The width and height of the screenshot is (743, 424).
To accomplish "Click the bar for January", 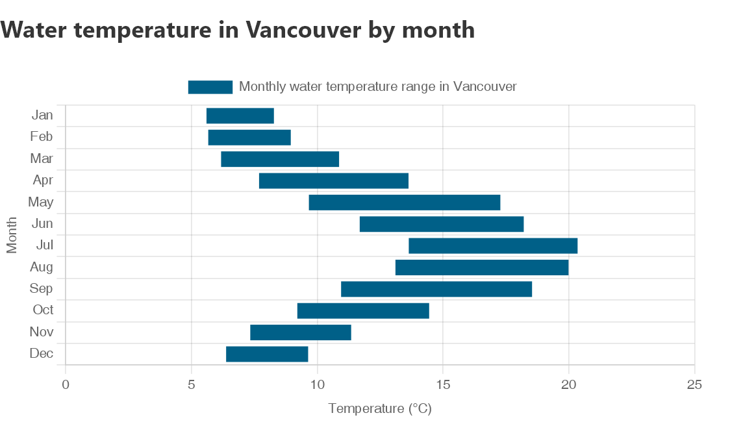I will tap(240, 116).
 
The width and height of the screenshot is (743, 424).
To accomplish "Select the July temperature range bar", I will tap(492, 246).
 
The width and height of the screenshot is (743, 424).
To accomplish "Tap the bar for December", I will tap(266, 354).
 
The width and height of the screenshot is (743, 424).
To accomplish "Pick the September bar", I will tap(436, 289).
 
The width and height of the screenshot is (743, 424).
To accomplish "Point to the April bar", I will tap(333, 181).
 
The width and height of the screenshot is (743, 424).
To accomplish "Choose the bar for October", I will tap(362, 311).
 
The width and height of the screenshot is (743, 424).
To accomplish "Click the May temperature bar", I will tap(404, 203).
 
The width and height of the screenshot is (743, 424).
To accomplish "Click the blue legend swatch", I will tap(210, 87).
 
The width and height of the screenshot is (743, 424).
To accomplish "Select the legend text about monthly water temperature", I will tap(377, 86).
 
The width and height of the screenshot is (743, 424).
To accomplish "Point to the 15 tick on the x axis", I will tap(443, 384).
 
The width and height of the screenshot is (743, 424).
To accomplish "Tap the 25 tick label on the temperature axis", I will tap(694, 384).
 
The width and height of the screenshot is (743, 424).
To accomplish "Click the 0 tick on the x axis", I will tap(66, 384).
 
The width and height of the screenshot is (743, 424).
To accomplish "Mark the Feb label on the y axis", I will tap(42, 137).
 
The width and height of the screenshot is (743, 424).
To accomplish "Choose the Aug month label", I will tap(42, 267).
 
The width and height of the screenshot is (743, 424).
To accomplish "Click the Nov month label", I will tap(42, 332).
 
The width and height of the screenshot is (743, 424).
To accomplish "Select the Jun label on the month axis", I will tap(42, 224).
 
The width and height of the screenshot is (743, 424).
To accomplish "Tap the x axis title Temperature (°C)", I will tap(380, 408).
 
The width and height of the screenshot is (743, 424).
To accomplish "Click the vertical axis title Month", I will tap(12, 235).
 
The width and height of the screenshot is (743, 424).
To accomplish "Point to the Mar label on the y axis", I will tap(42, 158).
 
